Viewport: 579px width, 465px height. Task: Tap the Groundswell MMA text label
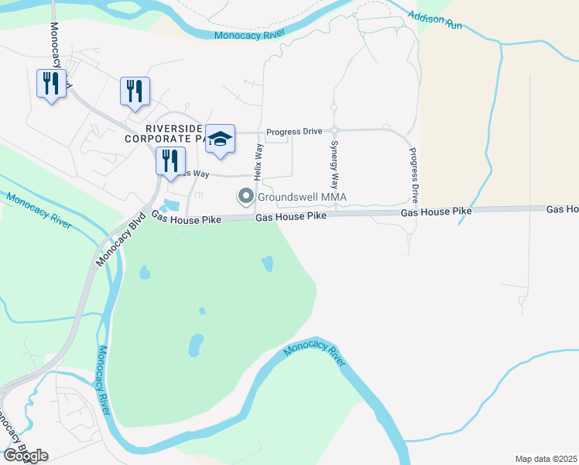pyautogui.click(x=302, y=197)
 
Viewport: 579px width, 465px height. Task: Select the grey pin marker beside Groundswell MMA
pyautogui.click(x=246, y=197)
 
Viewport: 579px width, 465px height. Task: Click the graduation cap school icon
pyautogui.click(x=221, y=139)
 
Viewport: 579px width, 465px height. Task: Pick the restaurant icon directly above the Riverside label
pyautogui.click(x=135, y=91)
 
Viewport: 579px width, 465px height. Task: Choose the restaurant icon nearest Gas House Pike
pyautogui.click(x=170, y=161)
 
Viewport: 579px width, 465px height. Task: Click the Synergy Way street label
pyautogui.click(x=334, y=165)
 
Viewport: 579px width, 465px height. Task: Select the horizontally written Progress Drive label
pyautogui.click(x=294, y=132)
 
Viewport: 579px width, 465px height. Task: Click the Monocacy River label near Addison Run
pyautogui.click(x=249, y=35)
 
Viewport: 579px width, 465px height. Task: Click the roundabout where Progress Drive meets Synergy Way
pyautogui.click(x=334, y=131)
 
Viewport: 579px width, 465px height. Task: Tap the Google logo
pyautogui.click(x=26, y=456)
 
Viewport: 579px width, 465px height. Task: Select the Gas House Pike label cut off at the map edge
pyautogui.click(x=563, y=209)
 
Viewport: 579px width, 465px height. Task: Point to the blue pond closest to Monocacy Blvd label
pyautogui.click(x=144, y=273)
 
